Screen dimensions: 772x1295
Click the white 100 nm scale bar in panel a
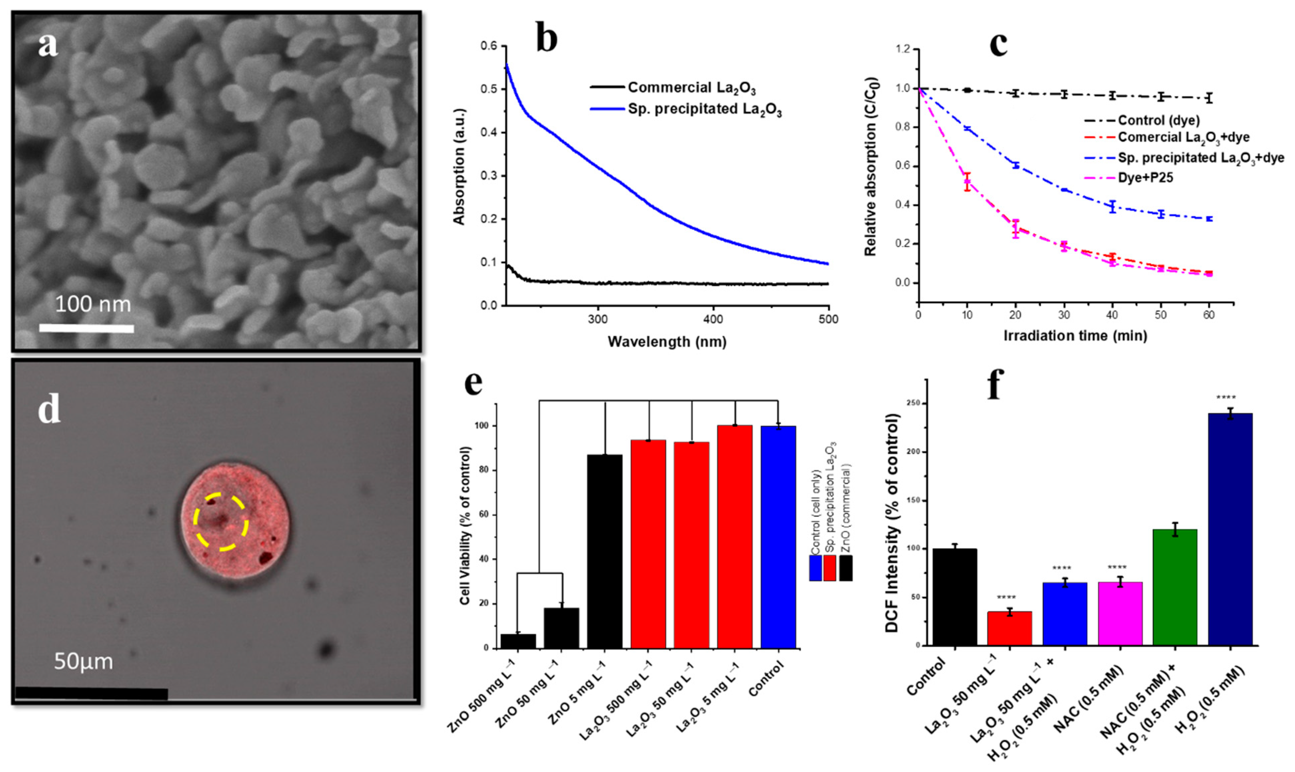pos(86,328)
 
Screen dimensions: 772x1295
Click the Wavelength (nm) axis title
pos(667,342)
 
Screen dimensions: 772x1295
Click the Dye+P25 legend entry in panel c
pos(1145,178)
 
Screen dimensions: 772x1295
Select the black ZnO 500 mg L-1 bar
pos(518,641)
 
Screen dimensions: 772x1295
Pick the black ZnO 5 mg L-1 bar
pos(605,551)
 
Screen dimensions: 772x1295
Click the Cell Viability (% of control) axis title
pos(465,525)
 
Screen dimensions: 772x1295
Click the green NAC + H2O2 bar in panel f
pos(1175,587)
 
